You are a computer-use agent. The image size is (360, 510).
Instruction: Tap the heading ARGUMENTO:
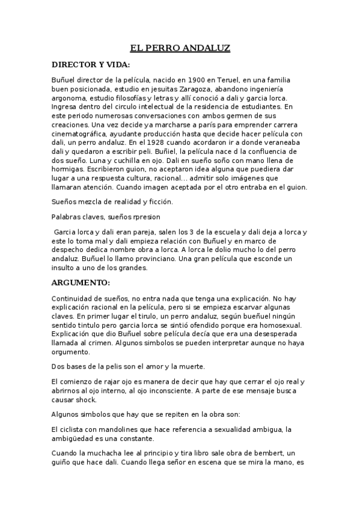click(x=81, y=281)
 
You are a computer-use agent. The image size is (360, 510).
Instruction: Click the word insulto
click(x=66, y=268)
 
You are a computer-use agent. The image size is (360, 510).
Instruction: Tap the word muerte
click(x=192, y=366)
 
